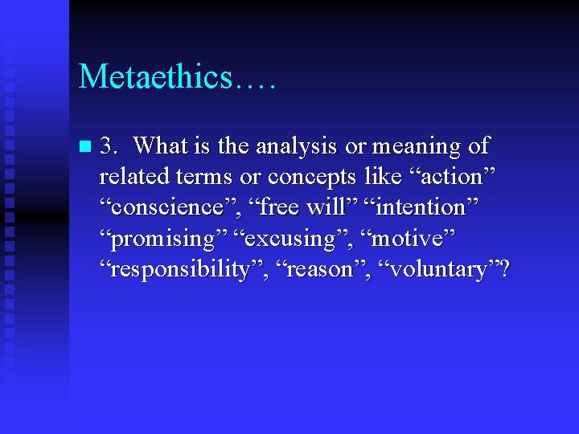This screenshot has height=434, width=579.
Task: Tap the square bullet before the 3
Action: point(86,148)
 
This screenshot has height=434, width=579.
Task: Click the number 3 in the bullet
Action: point(108,146)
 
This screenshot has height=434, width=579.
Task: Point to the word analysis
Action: point(296,146)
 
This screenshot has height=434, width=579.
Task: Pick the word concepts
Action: point(313,177)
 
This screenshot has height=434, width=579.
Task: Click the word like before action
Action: point(381,177)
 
